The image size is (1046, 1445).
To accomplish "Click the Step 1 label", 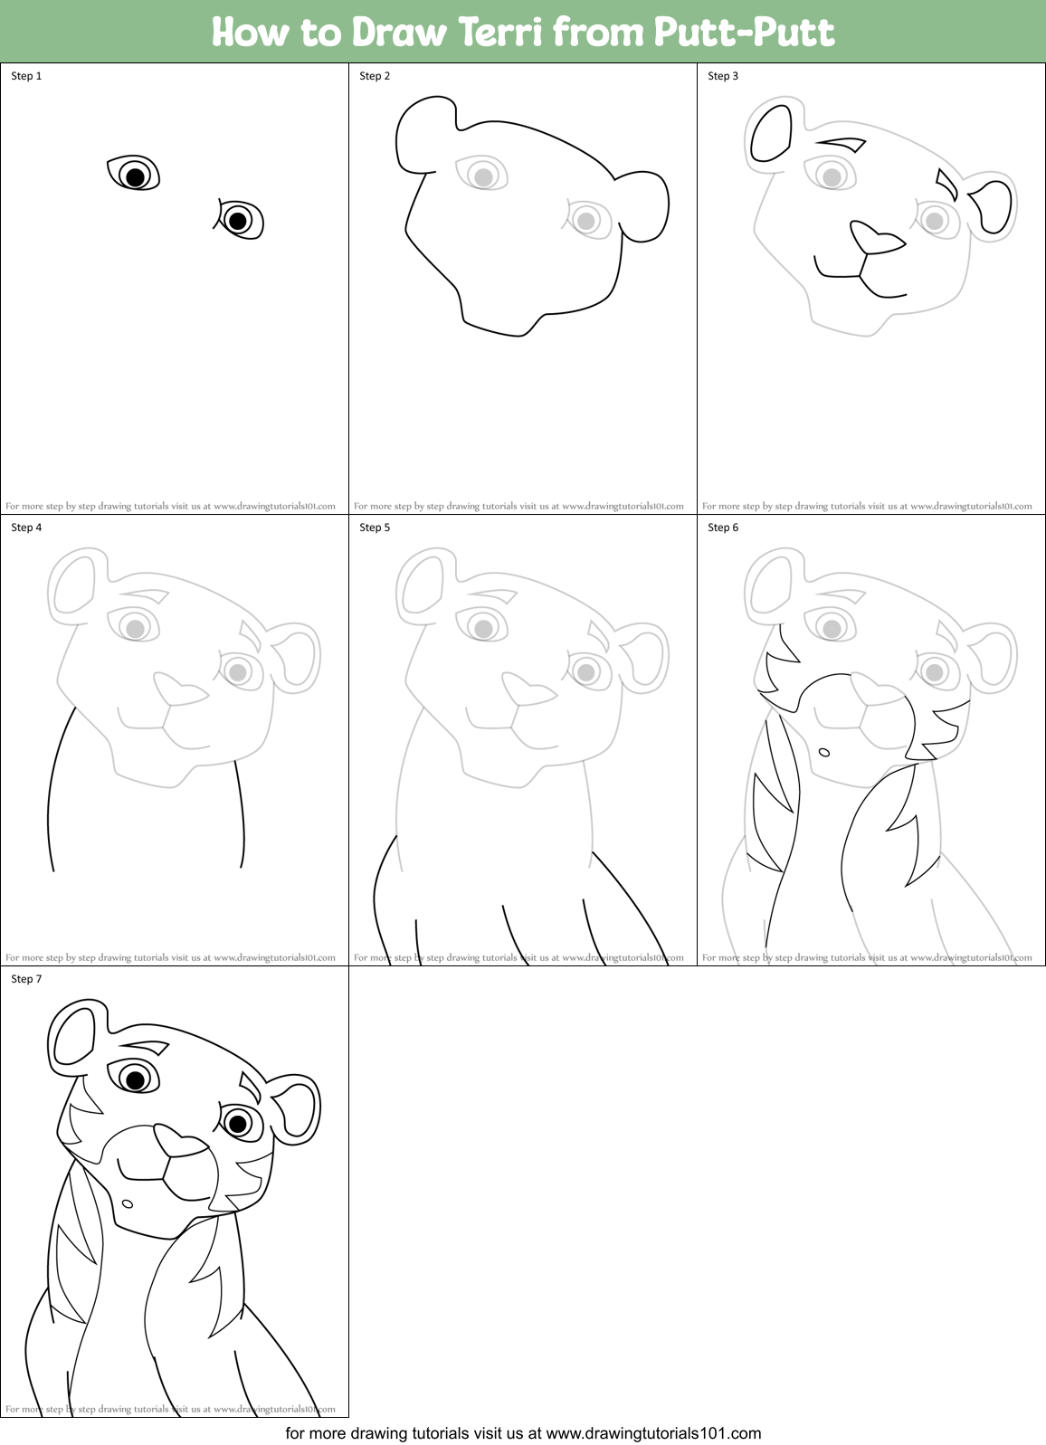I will click(26, 76).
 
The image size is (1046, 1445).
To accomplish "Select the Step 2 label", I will click(375, 76).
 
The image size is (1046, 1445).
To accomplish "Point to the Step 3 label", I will click(723, 76).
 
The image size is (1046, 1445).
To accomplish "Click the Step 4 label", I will click(26, 528).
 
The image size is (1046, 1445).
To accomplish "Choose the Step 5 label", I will click(375, 528).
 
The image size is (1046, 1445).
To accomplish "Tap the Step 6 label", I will click(723, 528).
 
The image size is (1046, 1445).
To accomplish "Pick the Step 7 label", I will click(26, 979).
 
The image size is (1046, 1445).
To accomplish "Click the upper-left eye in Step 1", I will click(134, 174).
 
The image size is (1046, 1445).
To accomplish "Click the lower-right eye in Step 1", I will click(239, 220).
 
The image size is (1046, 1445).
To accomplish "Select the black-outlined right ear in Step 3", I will click(993, 206).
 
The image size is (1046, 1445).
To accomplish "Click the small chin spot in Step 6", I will click(824, 752).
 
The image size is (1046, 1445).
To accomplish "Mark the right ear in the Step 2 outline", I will click(646, 205).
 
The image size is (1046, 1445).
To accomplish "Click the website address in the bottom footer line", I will click(653, 1433).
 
